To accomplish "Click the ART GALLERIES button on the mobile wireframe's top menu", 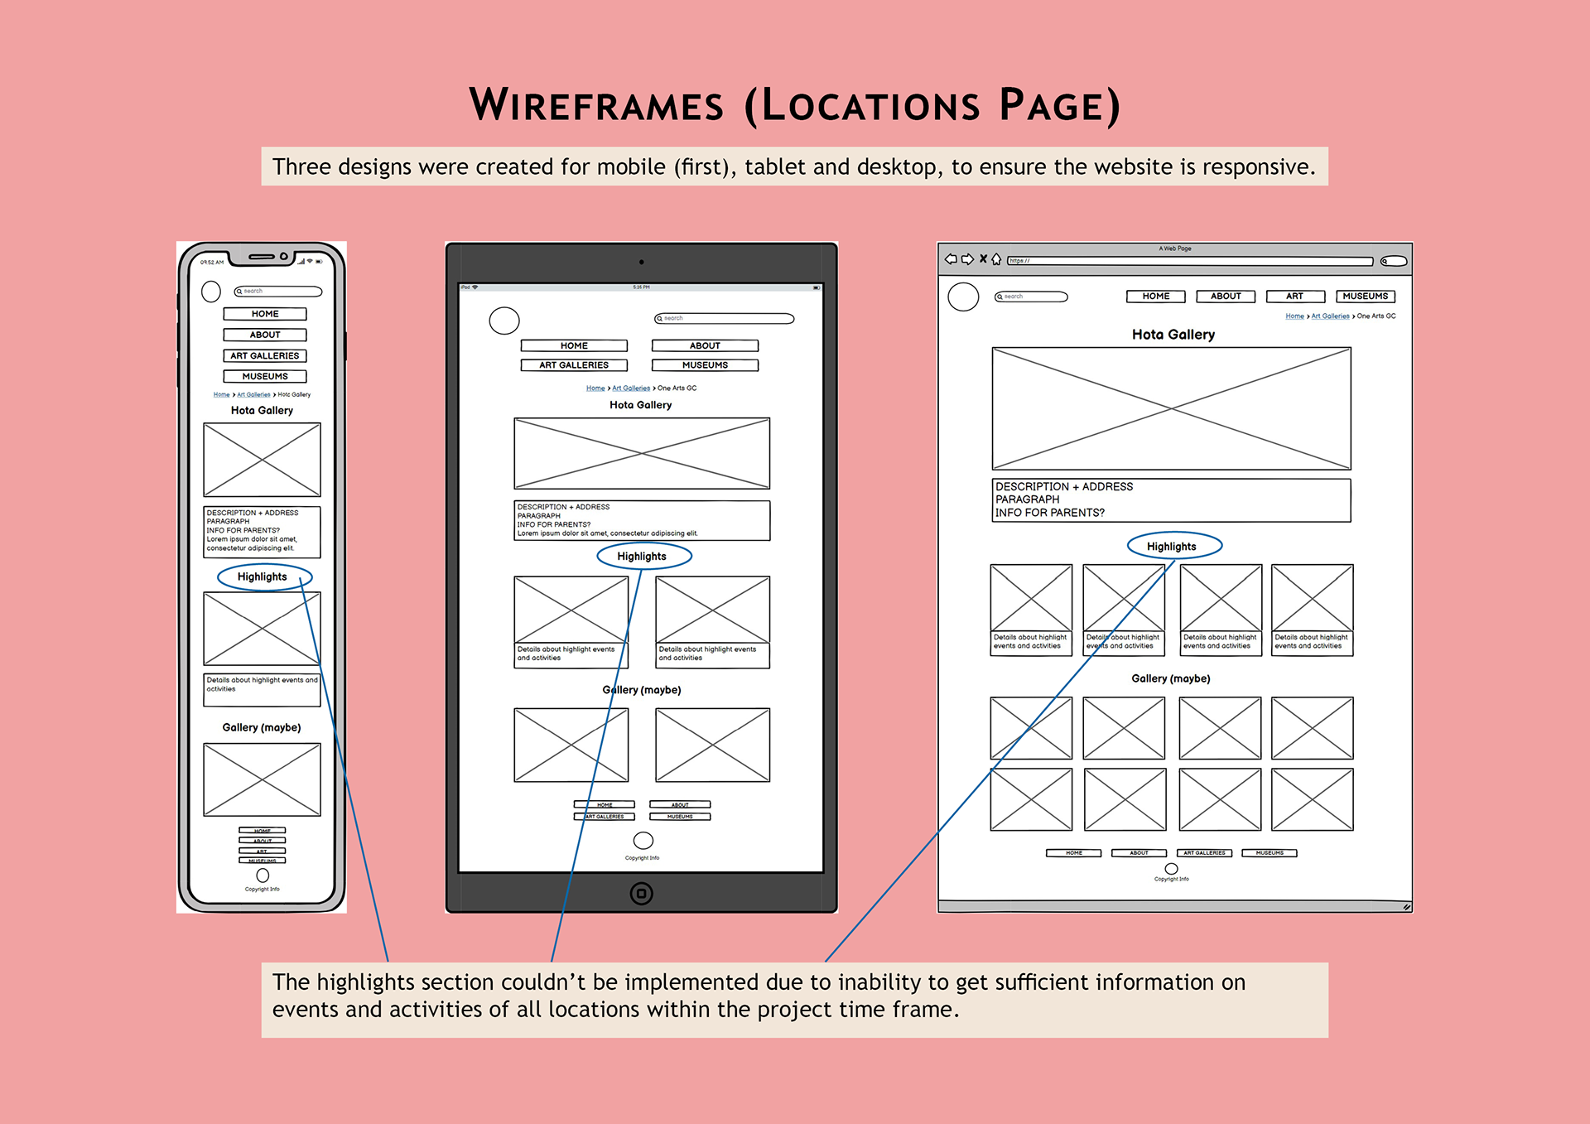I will pyautogui.click(x=264, y=356).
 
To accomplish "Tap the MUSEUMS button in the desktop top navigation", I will pyautogui.click(x=1365, y=297).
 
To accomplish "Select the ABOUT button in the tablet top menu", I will pyautogui.click(x=705, y=346).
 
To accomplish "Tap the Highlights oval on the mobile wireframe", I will pyautogui.click(x=263, y=577).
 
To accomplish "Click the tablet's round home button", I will pyautogui.click(x=642, y=894).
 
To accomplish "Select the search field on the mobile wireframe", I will pyautogui.click(x=278, y=292).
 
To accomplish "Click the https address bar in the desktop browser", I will pyautogui.click(x=1189, y=261).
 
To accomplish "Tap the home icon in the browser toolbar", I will pyautogui.click(x=996, y=259).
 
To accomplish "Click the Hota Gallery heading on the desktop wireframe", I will pyautogui.click(x=1173, y=335).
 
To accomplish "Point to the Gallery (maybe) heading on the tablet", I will pyautogui.click(x=642, y=690).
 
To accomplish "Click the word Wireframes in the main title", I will pyautogui.click(x=596, y=106).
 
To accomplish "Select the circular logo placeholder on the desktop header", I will pyautogui.click(x=963, y=297).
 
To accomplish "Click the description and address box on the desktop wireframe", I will pyautogui.click(x=1171, y=500).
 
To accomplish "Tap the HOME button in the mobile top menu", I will pyautogui.click(x=265, y=315).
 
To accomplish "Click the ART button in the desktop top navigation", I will pyautogui.click(x=1294, y=297).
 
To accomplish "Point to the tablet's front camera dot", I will pyautogui.click(x=642, y=262).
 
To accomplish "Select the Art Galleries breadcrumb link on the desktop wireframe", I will pyautogui.click(x=1330, y=316).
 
